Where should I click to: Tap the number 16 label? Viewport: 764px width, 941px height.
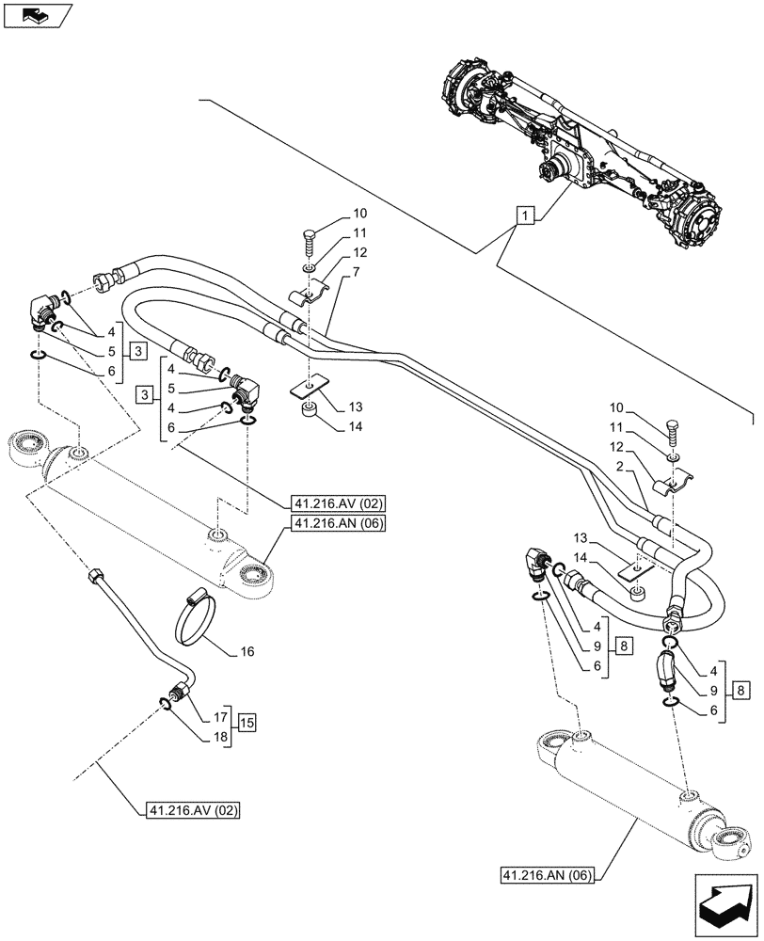247,650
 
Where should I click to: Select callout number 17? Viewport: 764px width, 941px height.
221,715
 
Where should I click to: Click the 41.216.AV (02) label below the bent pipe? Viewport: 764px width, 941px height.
195,810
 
